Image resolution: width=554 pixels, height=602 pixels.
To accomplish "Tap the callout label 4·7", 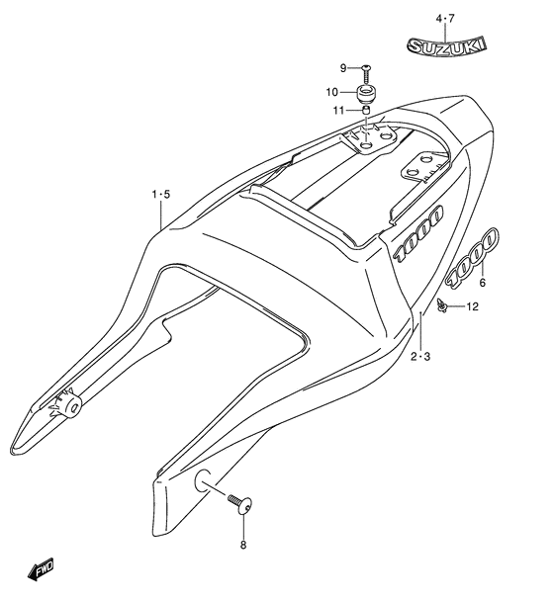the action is point(445,19).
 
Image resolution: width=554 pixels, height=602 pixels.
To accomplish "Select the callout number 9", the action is point(343,68).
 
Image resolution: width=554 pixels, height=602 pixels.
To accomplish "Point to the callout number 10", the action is point(332,92).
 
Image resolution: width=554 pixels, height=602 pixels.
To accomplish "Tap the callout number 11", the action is point(338,111).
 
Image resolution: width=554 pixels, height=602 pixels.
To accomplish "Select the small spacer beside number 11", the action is point(366,111).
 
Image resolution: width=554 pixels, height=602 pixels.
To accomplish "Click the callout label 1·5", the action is point(160,195).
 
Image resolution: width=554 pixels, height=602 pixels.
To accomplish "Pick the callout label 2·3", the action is point(420,357).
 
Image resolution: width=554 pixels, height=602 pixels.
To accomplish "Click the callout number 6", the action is point(482,283).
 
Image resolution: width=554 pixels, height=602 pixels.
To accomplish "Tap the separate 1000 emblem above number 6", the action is point(472,257).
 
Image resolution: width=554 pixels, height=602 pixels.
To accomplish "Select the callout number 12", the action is point(473,306).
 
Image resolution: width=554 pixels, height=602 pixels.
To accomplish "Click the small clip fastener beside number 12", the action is point(442,305).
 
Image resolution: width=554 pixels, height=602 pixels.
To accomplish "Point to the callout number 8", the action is point(242,545).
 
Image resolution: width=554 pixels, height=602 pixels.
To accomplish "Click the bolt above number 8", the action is point(239,503).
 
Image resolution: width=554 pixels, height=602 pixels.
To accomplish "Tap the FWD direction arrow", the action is point(41,568).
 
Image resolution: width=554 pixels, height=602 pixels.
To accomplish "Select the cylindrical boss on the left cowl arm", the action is point(69,406).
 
